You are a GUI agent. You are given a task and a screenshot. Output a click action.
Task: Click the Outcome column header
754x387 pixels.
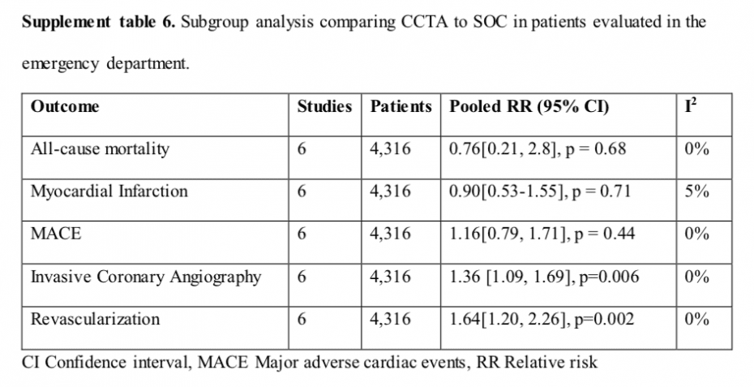[x=65, y=106]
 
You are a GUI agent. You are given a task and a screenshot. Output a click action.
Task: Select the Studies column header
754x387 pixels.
[x=324, y=106]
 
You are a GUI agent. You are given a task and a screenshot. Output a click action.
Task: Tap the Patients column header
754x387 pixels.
[x=401, y=106]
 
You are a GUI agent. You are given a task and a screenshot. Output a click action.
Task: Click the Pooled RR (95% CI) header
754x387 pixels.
[x=529, y=106]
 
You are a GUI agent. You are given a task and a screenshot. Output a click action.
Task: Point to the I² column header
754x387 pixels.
[x=690, y=105]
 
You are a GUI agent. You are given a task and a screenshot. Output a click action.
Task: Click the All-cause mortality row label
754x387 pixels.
[x=100, y=148]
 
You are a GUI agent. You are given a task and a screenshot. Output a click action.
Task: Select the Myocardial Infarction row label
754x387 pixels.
[x=109, y=191]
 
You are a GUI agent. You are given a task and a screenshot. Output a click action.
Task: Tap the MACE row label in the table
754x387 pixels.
[x=56, y=234]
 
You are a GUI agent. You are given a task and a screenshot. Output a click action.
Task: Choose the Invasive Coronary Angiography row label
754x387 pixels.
[x=146, y=277]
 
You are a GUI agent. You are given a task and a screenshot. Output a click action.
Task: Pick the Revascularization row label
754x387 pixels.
[x=95, y=319]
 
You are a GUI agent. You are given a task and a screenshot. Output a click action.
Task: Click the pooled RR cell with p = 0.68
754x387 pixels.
[x=536, y=148]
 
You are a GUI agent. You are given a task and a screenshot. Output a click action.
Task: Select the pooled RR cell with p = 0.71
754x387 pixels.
[x=539, y=191]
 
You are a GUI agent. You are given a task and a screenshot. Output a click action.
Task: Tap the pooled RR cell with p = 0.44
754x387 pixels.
[x=542, y=234]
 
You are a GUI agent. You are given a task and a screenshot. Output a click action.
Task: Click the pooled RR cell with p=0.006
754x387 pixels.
[x=543, y=277]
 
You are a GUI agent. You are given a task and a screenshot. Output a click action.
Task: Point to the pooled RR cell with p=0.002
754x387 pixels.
[x=541, y=319]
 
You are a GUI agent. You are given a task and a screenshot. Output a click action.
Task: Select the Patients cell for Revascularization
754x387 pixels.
[x=390, y=319]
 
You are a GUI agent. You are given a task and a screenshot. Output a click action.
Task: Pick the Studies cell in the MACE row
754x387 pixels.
[x=302, y=234]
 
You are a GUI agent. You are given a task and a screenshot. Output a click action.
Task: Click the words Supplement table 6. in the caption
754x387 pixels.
[x=97, y=22]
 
